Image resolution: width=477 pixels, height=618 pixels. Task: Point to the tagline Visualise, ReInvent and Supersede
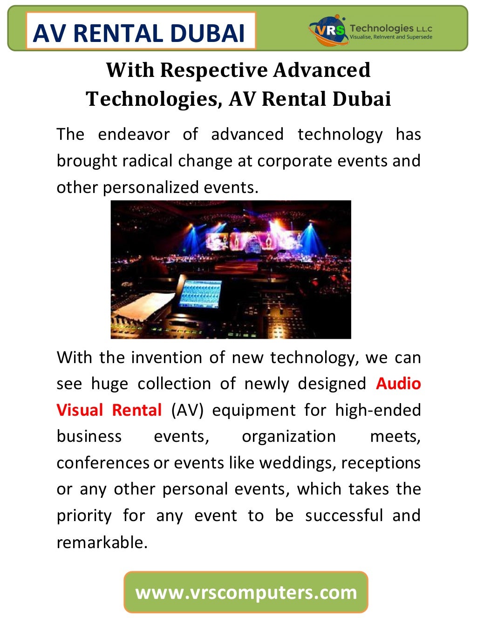coord(391,37)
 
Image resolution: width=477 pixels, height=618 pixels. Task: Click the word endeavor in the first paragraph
coord(134,135)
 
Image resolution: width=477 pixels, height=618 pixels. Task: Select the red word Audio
coord(398,384)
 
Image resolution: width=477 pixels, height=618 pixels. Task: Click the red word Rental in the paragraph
coord(136,410)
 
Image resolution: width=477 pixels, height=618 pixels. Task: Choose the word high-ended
coord(378,410)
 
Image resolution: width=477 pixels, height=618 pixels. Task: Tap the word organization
coord(288,437)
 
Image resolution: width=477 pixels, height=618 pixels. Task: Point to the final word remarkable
coord(102,542)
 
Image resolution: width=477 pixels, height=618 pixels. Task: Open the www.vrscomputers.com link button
coord(246,592)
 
